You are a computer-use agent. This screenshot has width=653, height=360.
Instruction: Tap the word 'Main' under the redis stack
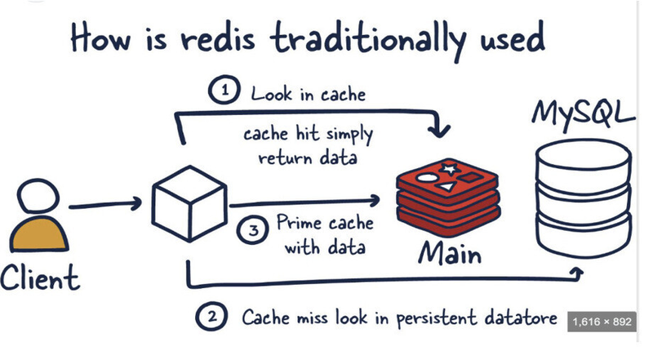coord(449,255)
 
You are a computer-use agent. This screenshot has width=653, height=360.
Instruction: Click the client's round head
coord(38,199)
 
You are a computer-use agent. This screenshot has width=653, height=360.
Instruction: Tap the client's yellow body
coord(38,237)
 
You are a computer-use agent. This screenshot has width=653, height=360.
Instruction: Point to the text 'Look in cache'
coord(308,95)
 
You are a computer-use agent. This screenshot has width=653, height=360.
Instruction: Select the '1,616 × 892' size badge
coord(601,322)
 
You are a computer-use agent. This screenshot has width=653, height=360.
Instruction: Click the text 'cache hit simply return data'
coord(309,145)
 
